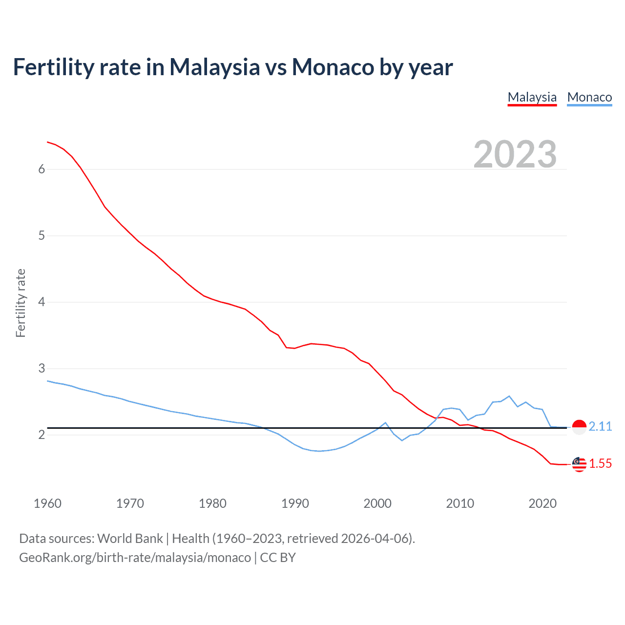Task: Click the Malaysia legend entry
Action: tap(532, 97)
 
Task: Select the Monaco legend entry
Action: tap(589, 97)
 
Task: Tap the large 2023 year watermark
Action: tap(515, 154)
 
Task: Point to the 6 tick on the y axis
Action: tap(42, 169)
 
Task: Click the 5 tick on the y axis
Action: tap(42, 236)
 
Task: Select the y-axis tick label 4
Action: tap(42, 302)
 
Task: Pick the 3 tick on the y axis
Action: tap(42, 369)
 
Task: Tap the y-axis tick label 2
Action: tap(42, 435)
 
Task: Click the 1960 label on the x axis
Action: tap(47, 503)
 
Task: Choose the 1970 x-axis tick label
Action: tap(130, 503)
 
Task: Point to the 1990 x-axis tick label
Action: tap(295, 503)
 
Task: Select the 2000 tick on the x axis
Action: tap(377, 503)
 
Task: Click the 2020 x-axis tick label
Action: tap(542, 503)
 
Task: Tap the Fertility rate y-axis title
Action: tap(21, 303)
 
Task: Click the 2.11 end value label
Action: tap(600, 427)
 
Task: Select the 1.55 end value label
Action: tap(600, 464)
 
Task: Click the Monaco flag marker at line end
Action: tap(579, 427)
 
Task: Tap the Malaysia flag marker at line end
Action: tap(579, 464)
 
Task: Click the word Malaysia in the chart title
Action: tap(214, 67)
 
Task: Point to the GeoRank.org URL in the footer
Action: tap(135, 558)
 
